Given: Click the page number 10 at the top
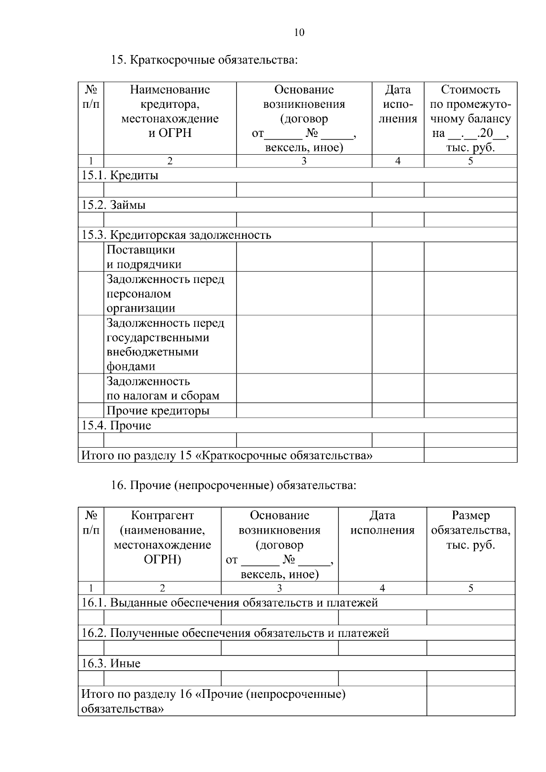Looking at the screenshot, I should point(299,32).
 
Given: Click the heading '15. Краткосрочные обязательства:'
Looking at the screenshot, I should point(204,60).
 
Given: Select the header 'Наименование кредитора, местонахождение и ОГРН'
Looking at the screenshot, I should point(170,111).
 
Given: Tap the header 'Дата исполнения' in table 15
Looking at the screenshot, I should point(398,105).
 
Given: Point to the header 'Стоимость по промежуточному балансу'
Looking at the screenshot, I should point(470,118).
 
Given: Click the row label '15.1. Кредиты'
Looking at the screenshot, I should point(120,176).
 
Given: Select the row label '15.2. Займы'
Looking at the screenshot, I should point(114,205).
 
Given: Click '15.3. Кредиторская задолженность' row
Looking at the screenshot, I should point(177,235).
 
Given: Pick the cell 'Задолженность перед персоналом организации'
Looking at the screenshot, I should point(165,293).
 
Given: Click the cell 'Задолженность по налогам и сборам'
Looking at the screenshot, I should point(163,389).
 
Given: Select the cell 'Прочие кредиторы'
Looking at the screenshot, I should point(158,411).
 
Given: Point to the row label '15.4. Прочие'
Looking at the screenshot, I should point(116,426).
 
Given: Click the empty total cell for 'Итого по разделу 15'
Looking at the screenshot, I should point(470,455).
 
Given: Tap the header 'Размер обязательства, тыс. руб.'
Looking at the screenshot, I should point(470,530).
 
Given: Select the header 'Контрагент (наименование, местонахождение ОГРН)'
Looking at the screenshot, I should point(162,537).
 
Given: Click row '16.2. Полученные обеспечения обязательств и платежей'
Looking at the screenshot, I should point(235,633).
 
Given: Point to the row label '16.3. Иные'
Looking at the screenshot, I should point(111,664).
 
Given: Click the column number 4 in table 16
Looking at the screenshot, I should point(382,588).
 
